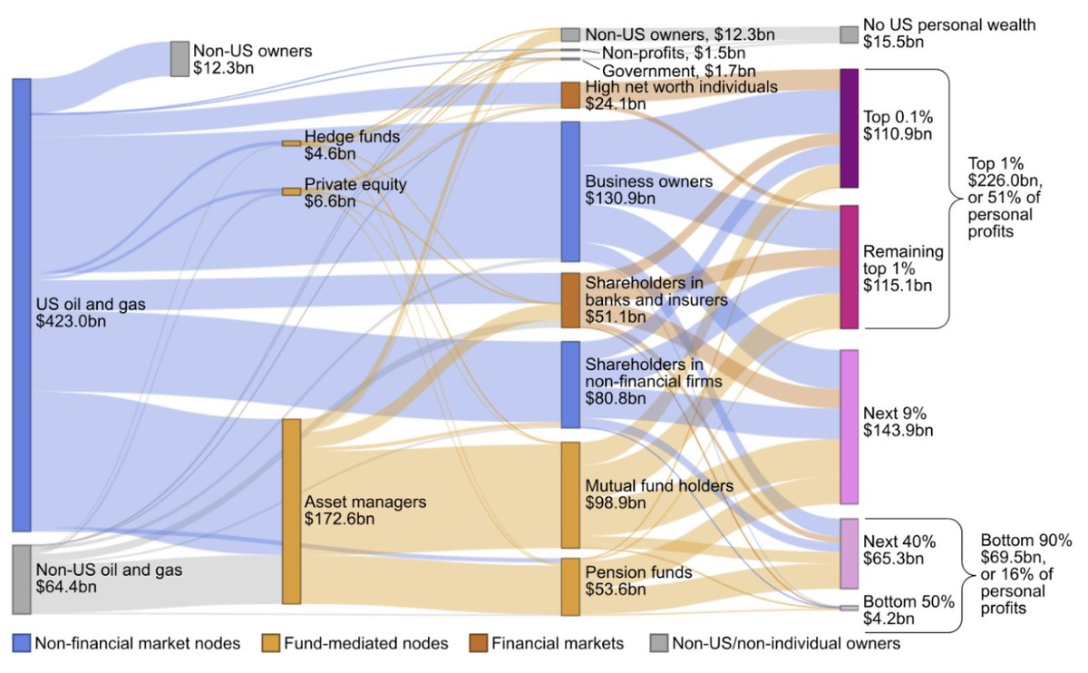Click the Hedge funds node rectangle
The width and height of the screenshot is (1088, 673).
click(291, 143)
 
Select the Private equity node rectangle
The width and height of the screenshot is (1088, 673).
click(291, 191)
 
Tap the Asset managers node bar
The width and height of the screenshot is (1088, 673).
click(291, 511)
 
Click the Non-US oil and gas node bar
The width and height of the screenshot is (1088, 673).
click(22, 580)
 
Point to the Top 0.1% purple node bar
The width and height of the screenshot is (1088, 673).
click(849, 128)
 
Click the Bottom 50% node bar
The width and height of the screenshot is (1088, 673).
click(849, 608)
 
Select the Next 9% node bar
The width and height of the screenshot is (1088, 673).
click(849, 426)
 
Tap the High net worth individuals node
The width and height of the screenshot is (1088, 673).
click(570, 95)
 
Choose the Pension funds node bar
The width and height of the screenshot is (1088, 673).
click(570, 587)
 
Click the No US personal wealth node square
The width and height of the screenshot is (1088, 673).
click(849, 34)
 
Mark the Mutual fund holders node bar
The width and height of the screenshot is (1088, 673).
click(570, 495)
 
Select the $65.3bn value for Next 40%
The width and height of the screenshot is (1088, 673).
click(893, 558)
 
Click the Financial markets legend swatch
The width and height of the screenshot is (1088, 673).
click(478, 644)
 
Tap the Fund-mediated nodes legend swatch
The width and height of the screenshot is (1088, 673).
click(270, 644)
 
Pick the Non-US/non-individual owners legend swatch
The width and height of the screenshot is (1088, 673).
click(658, 644)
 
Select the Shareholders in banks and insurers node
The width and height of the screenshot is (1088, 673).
click(570, 300)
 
